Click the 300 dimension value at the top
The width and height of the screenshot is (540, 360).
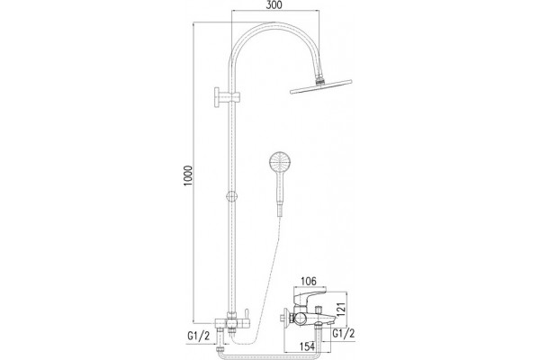click(x=274, y=5)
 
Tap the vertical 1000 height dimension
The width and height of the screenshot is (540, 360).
click(x=188, y=176)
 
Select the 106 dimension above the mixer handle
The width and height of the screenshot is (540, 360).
click(x=308, y=281)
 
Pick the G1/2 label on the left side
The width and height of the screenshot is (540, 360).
click(x=198, y=336)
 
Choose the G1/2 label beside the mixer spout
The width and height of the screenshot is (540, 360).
click(x=344, y=333)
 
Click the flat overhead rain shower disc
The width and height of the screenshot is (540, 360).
click(x=321, y=86)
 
